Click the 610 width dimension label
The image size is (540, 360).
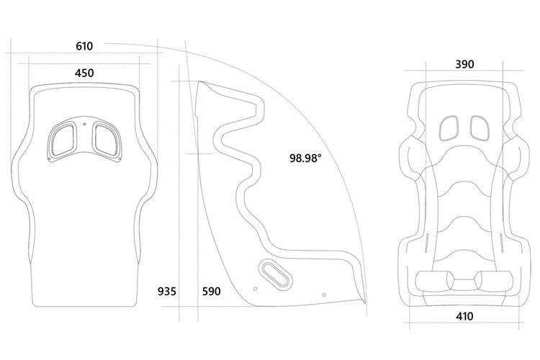pos(84,47)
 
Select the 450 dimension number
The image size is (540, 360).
pos(84,73)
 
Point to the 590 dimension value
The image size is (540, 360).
pos(210,292)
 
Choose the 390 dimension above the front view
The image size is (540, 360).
pos(465,64)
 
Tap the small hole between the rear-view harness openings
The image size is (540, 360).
pos(85,125)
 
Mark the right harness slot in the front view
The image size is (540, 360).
pos(479,127)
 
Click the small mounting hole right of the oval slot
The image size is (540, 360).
pos(323,294)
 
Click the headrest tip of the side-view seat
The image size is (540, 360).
pos(204,84)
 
